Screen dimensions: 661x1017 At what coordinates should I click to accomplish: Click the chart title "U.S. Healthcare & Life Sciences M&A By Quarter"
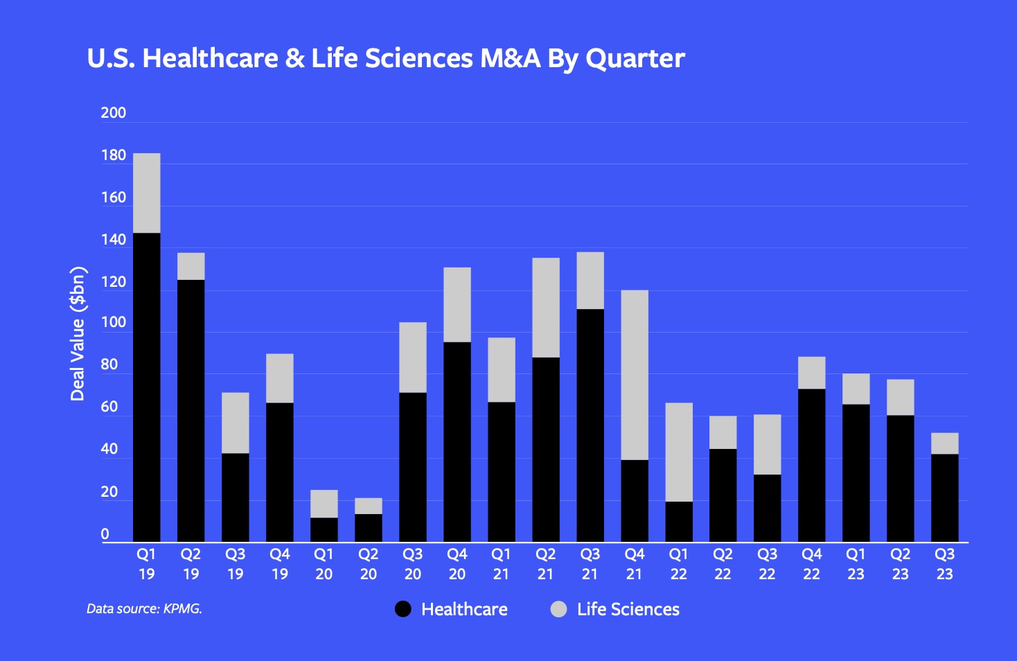pyautogui.click(x=385, y=58)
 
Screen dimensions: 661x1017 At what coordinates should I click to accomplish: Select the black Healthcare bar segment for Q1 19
pyautogui.click(x=146, y=388)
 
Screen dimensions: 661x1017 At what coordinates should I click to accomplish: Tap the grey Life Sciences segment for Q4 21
pyautogui.click(x=634, y=375)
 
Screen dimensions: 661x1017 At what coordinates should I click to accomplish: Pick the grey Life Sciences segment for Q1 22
pyautogui.click(x=678, y=452)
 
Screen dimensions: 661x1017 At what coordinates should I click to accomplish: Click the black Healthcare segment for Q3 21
pyautogui.click(x=590, y=425)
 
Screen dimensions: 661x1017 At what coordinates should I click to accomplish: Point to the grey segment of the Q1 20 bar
pyautogui.click(x=324, y=504)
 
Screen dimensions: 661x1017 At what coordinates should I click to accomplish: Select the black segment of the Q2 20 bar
pyautogui.click(x=368, y=528)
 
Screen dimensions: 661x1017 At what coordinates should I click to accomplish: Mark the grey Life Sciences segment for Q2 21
pyautogui.click(x=545, y=308)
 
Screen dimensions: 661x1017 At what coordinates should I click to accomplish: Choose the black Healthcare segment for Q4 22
pyautogui.click(x=811, y=466)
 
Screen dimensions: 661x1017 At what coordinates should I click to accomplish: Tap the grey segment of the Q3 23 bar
pyautogui.click(x=944, y=443)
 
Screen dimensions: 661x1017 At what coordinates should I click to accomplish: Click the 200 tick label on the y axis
pyautogui.click(x=113, y=113)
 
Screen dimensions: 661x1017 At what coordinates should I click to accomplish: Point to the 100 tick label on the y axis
pyautogui.click(x=113, y=322)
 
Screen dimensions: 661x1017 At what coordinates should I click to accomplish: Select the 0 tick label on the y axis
pyautogui.click(x=105, y=534)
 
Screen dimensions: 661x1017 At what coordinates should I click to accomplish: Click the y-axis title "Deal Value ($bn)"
pyautogui.click(x=78, y=333)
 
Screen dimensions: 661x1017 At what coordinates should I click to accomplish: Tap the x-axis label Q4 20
pyautogui.click(x=457, y=564)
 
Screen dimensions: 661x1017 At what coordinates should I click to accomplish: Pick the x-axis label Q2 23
pyautogui.click(x=900, y=564)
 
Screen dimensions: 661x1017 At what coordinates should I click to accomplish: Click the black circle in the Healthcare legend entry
pyautogui.click(x=403, y=609)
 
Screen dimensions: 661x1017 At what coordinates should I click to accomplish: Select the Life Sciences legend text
pyautogui.click(x=628, y=609)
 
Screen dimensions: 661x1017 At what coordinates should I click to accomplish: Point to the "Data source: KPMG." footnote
pyautogui.click(x=144, y=609)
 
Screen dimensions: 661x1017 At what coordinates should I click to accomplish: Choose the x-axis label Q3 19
pyautogui.click(x=235, y=564)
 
